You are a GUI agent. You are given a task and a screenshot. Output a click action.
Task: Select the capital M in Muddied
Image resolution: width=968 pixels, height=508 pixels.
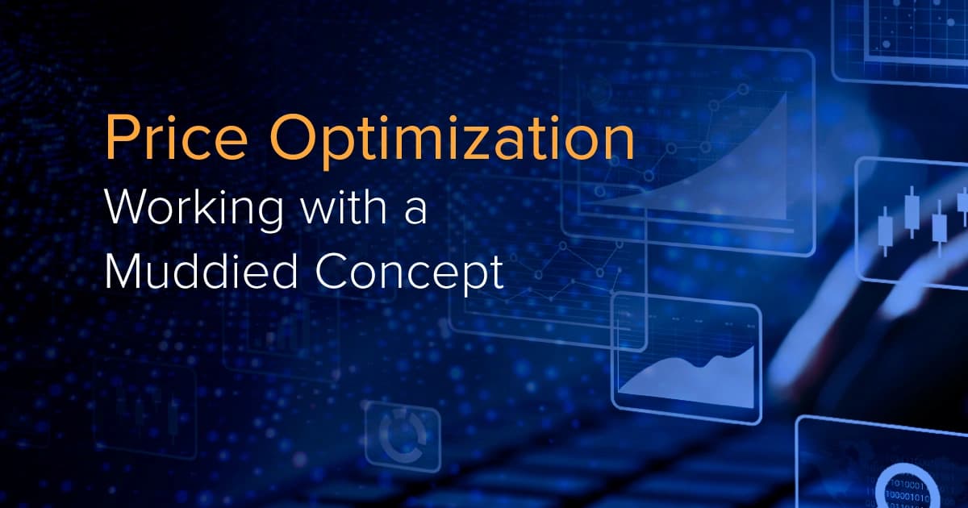tap(121, 275)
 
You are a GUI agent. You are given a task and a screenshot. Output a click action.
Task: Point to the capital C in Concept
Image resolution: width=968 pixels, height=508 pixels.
tap(335, 275)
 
